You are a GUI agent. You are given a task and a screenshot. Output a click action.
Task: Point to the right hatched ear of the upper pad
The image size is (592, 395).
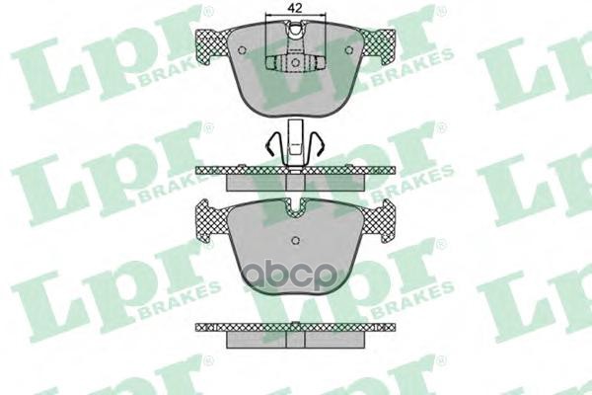click(x=379, y=43)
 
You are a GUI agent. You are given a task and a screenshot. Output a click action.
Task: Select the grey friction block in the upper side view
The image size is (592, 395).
click(x=294, y=182)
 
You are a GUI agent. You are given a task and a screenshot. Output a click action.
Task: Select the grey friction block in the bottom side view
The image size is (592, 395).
click(x=294, y=339)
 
